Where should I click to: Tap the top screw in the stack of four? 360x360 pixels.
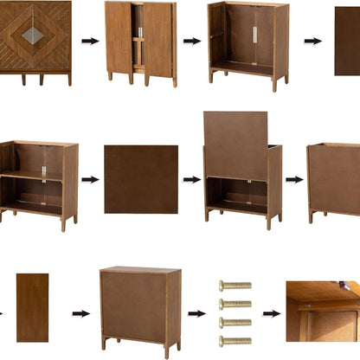235,285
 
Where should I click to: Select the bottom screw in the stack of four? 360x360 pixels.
235,341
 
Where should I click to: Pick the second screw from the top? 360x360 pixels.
235,304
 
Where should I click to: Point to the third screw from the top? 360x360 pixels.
235,323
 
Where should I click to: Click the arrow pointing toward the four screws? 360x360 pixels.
197,313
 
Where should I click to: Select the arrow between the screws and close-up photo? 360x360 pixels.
271,313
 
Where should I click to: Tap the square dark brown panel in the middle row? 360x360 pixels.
141,179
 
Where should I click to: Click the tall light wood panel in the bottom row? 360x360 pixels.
32,307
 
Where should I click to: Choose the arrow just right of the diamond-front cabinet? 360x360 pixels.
90,41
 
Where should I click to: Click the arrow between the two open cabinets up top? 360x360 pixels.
191,41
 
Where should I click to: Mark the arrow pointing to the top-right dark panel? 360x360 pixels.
312,41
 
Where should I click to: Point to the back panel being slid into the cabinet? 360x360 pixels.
235,145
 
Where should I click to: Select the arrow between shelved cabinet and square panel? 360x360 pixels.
90,180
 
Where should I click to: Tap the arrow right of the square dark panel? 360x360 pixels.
191,180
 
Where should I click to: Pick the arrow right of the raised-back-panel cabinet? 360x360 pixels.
294,180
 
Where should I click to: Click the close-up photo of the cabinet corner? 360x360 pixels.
323,312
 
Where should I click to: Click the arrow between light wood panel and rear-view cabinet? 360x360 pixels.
80,313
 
